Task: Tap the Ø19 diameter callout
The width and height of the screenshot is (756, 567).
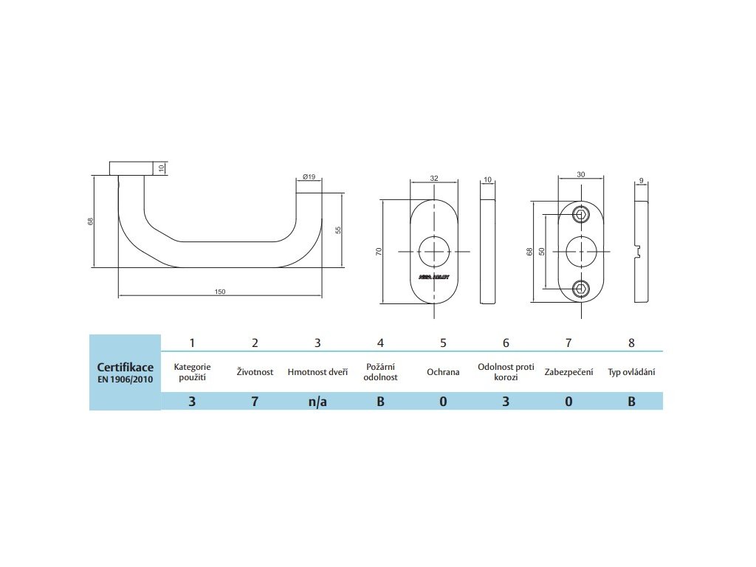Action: [x=309, y=176]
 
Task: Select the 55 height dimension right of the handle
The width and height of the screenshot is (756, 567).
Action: [x=338, y=230]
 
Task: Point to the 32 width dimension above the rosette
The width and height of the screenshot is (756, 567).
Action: [x=434, y=179]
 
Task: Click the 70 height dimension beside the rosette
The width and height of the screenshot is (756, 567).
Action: [x=379, y=252]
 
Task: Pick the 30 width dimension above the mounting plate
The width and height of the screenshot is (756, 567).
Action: [x=581, y=176]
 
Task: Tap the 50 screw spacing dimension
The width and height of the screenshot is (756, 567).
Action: [x=541, y=252]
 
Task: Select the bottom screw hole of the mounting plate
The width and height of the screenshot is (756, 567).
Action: [x=582, y=289]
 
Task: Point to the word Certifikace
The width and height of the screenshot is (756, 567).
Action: [x=126, y=367]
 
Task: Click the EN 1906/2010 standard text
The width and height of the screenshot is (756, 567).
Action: [x=126, y=379]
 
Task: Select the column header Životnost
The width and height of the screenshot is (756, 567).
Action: [x=255, y=372]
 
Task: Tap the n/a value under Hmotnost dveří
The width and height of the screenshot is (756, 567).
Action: [x=317, y=402]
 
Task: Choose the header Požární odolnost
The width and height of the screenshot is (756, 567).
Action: [x=380, y=372]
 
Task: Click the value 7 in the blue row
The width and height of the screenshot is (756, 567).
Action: [x=255, y=402]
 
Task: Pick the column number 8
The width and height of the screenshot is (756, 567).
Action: [x=631, y=343]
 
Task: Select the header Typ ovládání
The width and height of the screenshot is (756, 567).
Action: [x=631, y=372]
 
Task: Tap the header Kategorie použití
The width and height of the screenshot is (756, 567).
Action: [x=192, y=372]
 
